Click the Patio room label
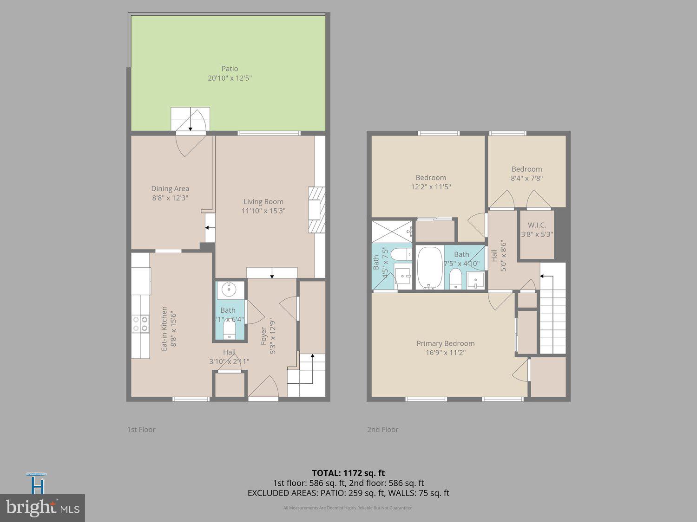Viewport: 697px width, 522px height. [x=230, y=69]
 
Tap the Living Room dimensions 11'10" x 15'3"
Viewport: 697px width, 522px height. [x=263, y=211]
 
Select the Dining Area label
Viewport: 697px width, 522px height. [x=170, y=188]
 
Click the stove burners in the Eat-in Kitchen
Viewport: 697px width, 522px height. [x=140, y=323]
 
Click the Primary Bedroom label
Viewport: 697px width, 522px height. [x=445, y=343]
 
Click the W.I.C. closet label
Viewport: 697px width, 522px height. [x=537, y=225]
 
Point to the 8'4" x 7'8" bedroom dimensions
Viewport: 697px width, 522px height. [x=526, y=178]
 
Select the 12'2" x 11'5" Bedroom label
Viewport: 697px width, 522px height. [x=431, y=177]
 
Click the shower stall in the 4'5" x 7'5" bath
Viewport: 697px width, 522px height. [x=392, y=231]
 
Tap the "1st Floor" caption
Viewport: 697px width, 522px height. [x=141, y=430]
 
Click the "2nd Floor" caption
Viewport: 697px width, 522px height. [x=382, y=430]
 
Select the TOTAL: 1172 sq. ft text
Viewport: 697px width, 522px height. [x=348, y=473]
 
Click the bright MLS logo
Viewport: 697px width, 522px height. [x=42, y=508]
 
